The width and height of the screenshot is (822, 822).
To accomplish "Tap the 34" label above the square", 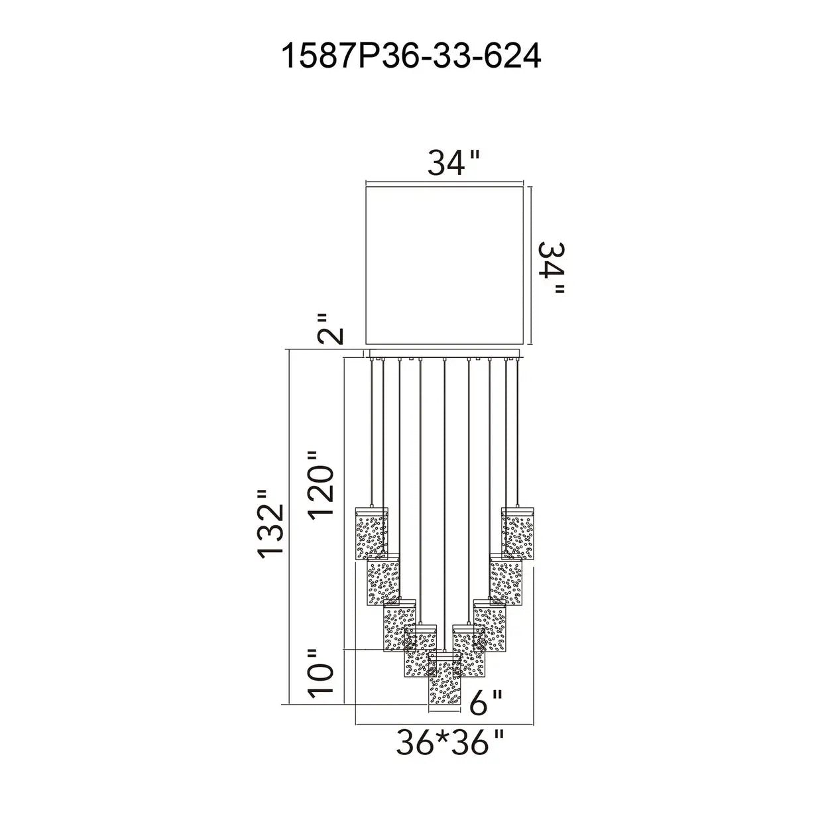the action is pyautogui.click(x=454, y=162).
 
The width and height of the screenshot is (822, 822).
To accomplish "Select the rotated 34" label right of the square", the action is pyautogui.click(x=552, y=268).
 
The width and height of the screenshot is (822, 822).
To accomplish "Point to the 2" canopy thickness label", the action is pyautogui.click(x=330, y=329).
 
